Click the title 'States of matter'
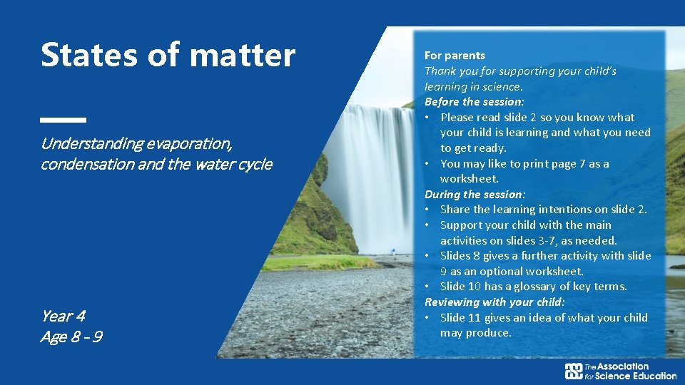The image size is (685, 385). click(x=168, y=56)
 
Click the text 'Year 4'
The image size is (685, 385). click(x=63, y=316)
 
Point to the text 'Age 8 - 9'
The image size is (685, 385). click(x=71, y=337)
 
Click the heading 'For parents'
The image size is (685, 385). click(x=455, y=56)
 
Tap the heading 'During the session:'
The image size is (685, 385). click(x=475, y=194)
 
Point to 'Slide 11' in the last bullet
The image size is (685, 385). click(x=461, y=317)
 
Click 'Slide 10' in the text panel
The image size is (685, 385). click(x=461, y=287)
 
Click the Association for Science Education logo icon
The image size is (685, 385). click(x=574, y=371)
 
